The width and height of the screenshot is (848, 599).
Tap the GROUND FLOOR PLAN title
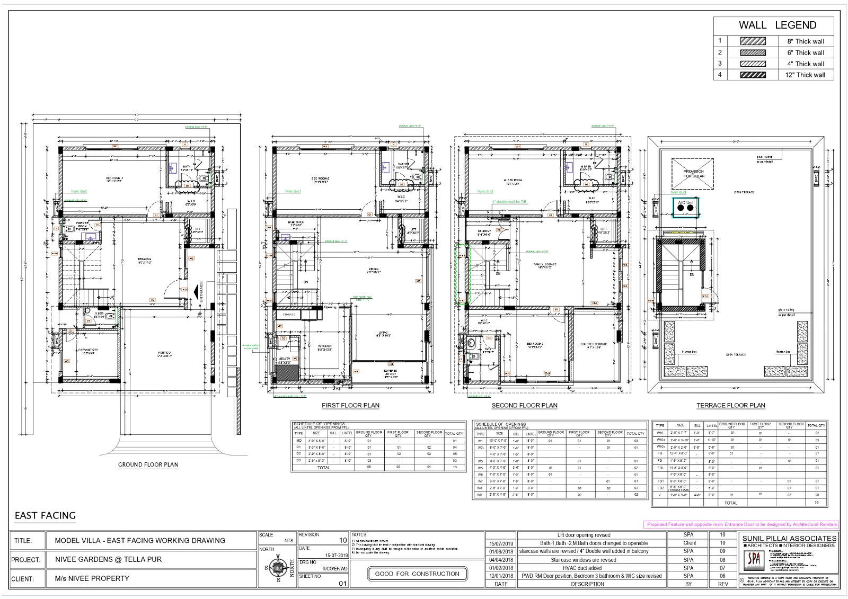coord(148,464)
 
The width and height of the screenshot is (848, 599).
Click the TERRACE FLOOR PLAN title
coord(730,405)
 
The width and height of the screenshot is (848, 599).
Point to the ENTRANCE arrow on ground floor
coord(197,292)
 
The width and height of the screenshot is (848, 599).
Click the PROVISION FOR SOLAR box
coord(693,173)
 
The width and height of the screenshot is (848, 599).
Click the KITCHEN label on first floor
coord(324,347)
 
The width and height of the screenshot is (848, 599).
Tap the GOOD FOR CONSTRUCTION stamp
coord(417,574)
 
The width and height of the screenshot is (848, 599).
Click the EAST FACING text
coord(45,515)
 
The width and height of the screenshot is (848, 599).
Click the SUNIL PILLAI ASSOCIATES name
coord(789,538)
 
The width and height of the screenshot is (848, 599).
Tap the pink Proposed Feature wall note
coord(741,524)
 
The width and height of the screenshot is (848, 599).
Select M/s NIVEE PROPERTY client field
coord(92,578)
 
